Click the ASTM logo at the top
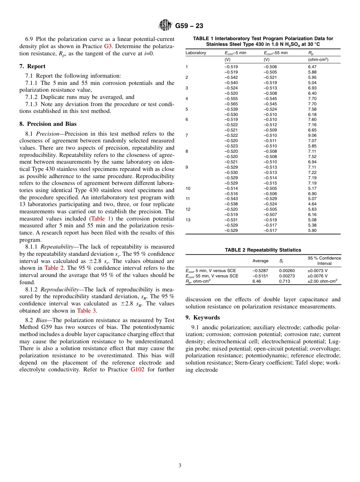point(165,26)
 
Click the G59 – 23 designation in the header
point(189,26)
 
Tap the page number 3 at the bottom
point(180,466)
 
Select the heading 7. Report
point(32,66)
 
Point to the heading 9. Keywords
point(202,318)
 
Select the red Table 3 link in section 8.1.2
point(86,311)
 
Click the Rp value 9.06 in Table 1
point(312,135)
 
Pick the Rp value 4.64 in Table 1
point(312,204)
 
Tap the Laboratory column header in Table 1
point(196,53)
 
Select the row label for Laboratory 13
point(188,220)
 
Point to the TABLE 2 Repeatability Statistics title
point(263,250)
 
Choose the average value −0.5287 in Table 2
point(260,271)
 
